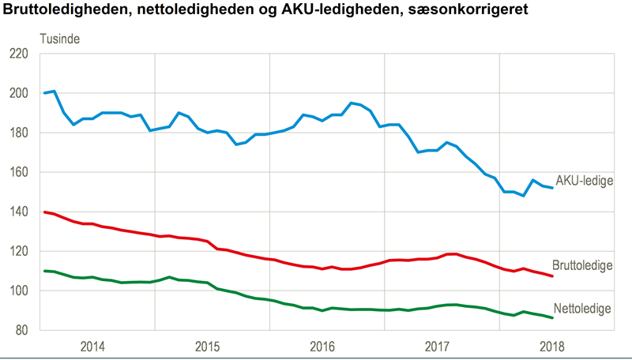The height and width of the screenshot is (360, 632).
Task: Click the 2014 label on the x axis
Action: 92,347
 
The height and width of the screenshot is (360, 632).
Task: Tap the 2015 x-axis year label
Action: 207,347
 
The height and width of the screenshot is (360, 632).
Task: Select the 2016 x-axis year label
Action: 322,347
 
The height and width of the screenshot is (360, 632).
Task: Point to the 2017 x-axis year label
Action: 437,347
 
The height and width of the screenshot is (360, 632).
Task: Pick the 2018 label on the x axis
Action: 552,347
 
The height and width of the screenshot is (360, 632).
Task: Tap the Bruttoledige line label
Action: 582,265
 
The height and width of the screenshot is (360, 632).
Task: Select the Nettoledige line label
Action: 582,308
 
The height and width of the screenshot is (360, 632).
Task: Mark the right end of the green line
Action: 552,317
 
